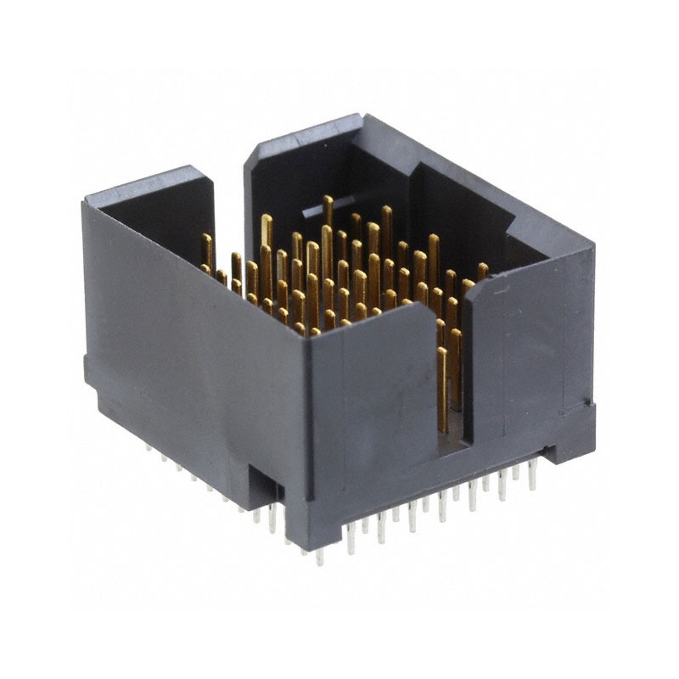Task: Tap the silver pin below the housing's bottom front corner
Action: [320, 557]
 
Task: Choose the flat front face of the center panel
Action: [373, 416]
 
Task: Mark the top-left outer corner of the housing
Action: [85, 203]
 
